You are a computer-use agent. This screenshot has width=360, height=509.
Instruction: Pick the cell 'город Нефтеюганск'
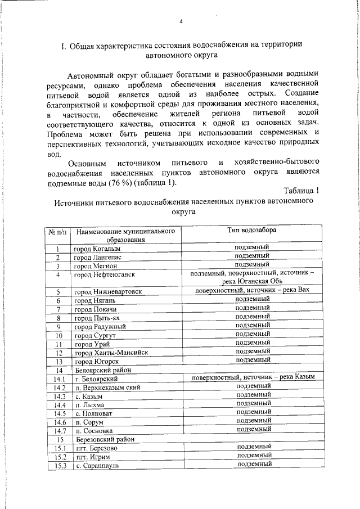click(x=105, y=275)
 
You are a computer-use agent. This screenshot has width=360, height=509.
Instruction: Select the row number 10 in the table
click(x=58, y=336)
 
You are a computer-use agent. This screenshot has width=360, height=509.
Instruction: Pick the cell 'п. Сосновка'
click(x=93, y=431)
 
